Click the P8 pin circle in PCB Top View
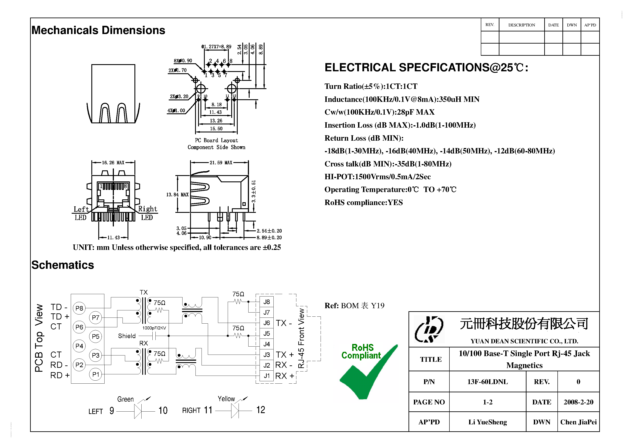(79, 308)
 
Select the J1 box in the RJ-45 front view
(266, 376)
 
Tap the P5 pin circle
(95, 336)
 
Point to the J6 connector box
(266, 323)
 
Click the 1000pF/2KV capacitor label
(154, 328)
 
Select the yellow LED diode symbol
(235, 411)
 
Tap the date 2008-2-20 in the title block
(578, 402)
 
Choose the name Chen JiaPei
(578, 422)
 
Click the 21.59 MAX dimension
(221, 163)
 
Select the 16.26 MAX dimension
(113, 163)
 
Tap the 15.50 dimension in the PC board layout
(216, 129)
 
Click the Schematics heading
(63, 265)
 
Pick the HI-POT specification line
(377, 177)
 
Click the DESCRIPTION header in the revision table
(521, 25)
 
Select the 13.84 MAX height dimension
(177, 195)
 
